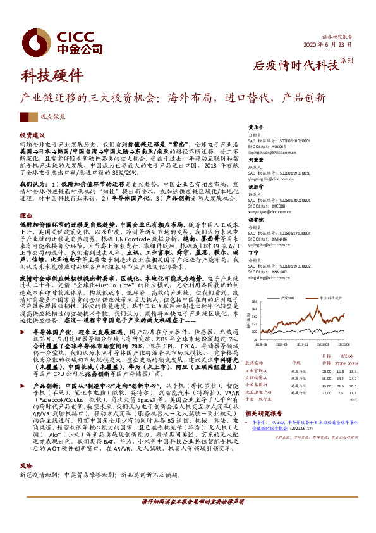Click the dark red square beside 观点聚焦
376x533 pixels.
[24, 116]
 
